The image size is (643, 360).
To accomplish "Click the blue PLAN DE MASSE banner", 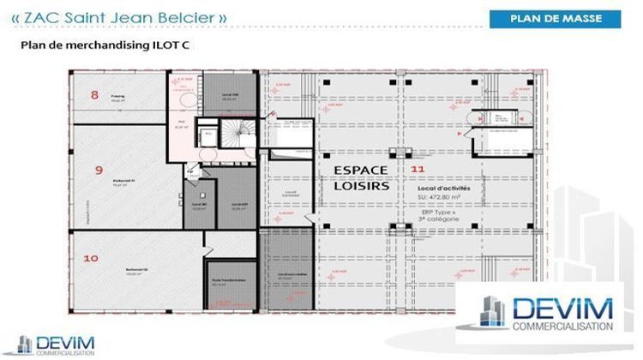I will (x=555, y=18).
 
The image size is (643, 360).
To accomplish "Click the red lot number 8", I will (x=94, y=94).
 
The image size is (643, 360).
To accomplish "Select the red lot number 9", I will (x=99, y=170).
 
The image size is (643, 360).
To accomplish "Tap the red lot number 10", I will (x=91, y=257).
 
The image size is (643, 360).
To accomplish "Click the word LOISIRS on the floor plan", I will (x=361, y=185).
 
